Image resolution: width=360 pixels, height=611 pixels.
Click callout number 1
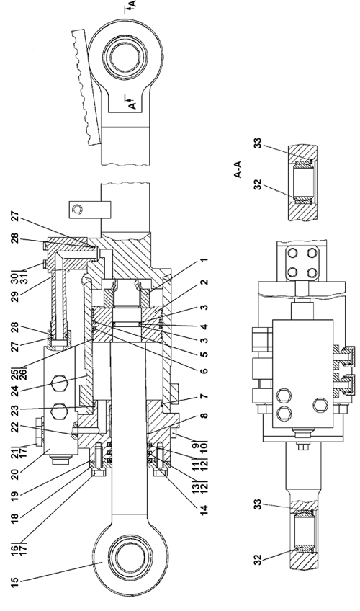(x=204, y=259)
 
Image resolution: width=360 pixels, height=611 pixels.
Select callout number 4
(x=204, y=327)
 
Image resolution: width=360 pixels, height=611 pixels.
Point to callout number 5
(x=204, y=354)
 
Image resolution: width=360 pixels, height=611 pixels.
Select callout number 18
(x=14, y=519)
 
